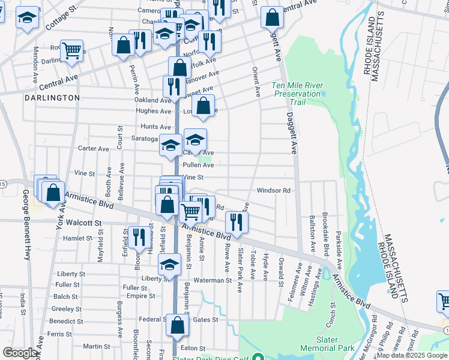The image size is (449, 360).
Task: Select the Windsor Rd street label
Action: (x=274, y=191)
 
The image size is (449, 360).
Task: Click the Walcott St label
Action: (x=85, y=223)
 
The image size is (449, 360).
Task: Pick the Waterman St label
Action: (x=212, y=280)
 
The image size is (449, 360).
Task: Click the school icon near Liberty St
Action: (x=170, y=265)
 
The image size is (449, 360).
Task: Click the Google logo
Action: (x=20, y=353)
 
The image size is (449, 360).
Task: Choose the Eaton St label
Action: (x=193, y=348)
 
